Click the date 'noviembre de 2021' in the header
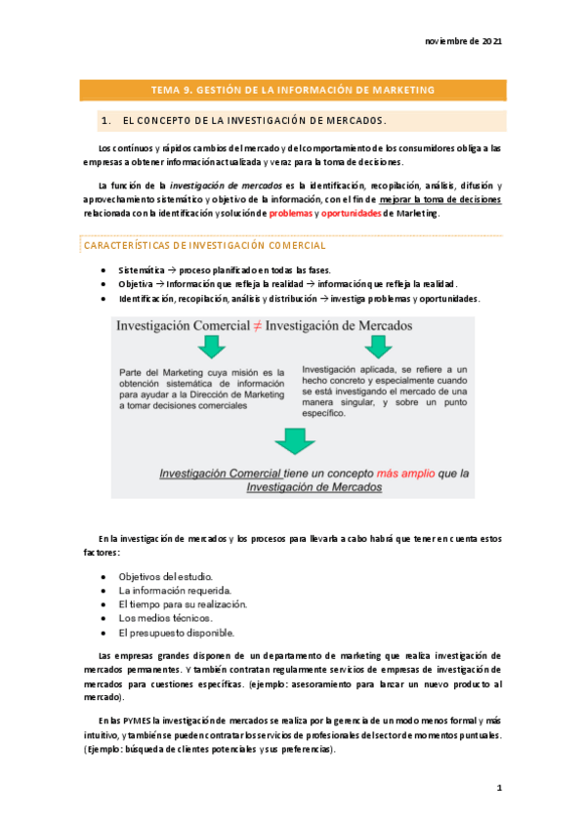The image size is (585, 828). (x=464, y=42)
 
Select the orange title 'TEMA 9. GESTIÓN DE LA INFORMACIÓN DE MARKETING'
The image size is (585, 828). (x=293, y=91)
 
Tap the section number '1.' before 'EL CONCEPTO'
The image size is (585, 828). (x=105, y=121)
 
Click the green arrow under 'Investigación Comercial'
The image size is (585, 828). (x=210, y=346)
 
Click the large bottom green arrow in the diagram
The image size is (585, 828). (x=292, y=441)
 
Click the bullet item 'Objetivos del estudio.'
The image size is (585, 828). (x=165, y=577)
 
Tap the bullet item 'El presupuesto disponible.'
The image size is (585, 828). (x=177, y=632)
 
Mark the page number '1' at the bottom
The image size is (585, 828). (x=498, y=786)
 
